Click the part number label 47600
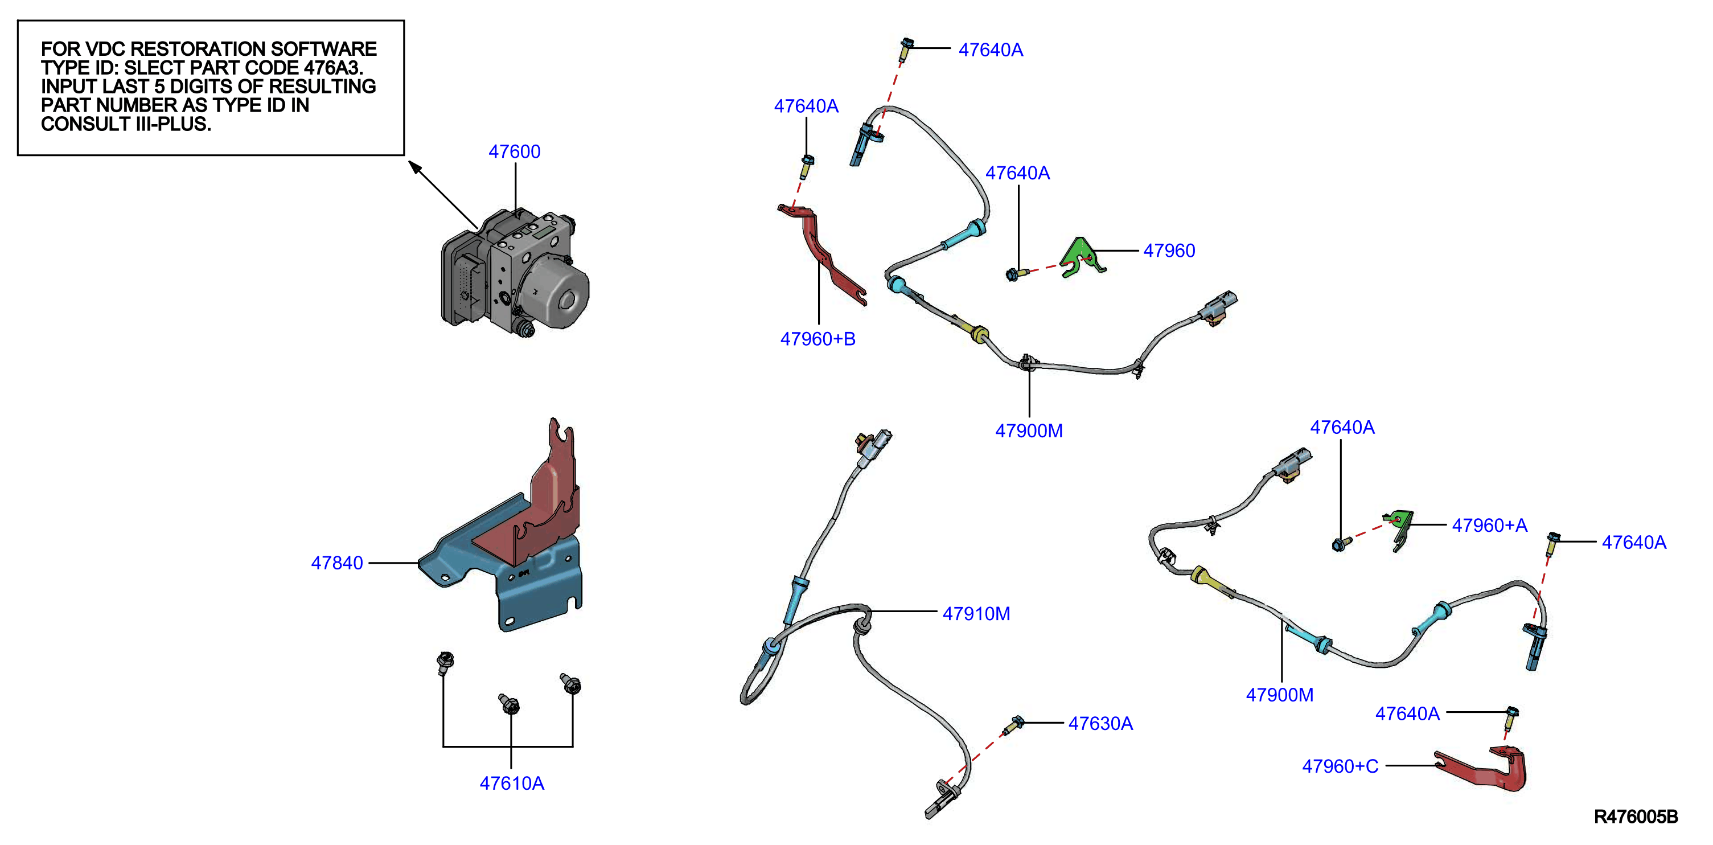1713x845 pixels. point(514,151)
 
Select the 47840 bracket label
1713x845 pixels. point(336,563)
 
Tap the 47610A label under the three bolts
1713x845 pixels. point(511,783)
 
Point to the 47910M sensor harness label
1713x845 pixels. point(976,613)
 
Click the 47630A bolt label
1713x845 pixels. point(1100,723)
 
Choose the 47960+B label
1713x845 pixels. point(818,339)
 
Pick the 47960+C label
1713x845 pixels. point(1340,766)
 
